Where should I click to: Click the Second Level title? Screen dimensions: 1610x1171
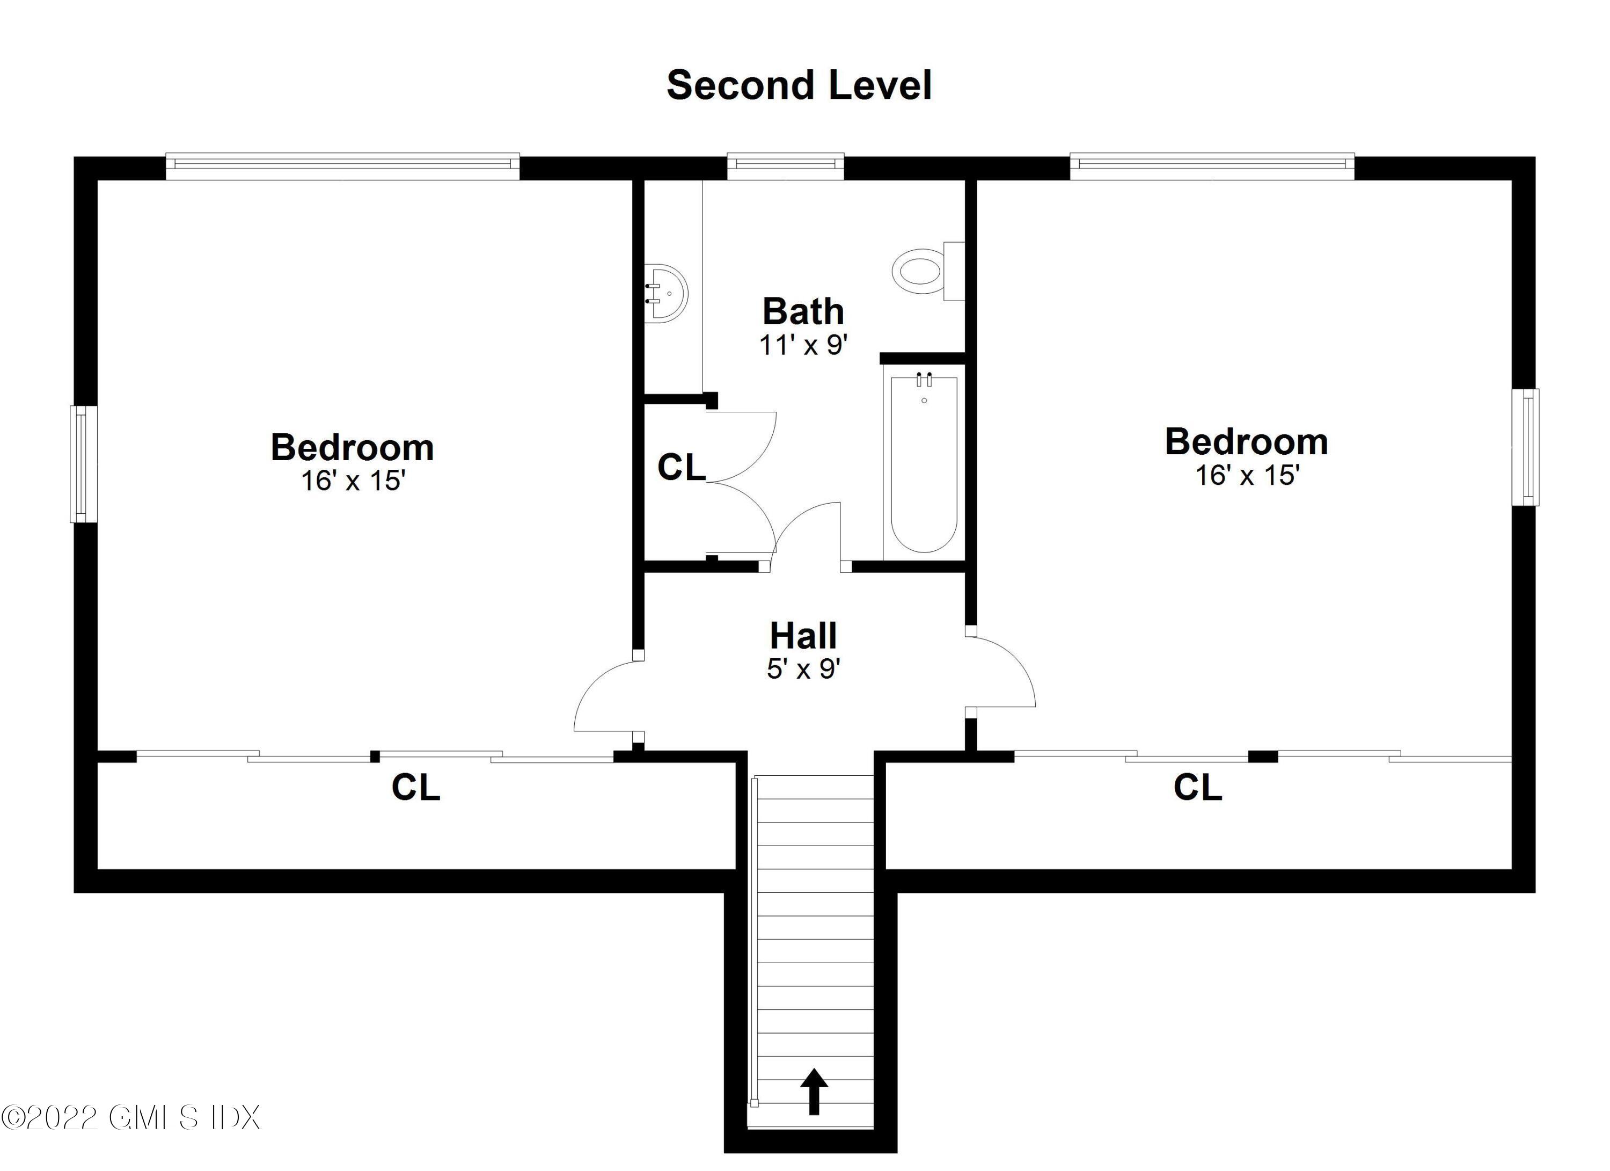[799, 85]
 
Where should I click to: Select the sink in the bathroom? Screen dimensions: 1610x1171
[667, 294]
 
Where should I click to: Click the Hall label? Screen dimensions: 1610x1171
[803, 636]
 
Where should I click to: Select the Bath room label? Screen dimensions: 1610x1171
[803, 311]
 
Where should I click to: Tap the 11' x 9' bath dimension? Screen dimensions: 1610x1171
[803, 345]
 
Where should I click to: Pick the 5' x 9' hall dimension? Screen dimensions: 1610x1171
[803, 669]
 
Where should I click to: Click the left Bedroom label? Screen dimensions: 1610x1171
[352, 447]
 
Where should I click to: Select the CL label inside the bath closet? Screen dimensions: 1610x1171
[682, 467]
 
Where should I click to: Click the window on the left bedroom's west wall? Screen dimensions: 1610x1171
[83, 464]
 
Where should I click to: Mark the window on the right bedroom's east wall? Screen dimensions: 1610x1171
[1525, 447]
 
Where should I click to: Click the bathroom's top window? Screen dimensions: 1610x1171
[785, 166]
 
